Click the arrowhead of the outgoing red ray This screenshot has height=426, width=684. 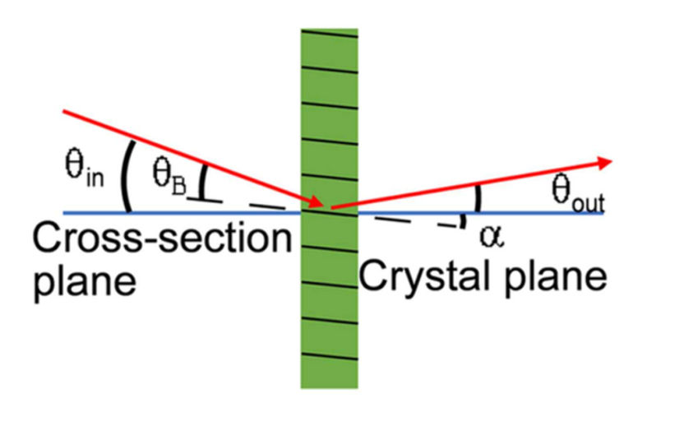[x=606, y=162]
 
